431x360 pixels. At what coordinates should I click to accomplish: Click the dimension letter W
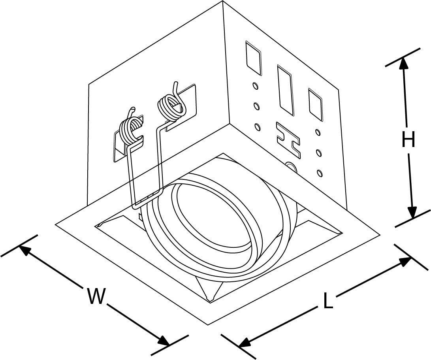[x=96, y=296]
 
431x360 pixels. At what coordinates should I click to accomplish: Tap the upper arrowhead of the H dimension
[x=404, y=63]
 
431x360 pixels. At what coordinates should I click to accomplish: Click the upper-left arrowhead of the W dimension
[x=24, y=250]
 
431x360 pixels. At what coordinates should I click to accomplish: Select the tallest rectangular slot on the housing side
[x=285, y=90]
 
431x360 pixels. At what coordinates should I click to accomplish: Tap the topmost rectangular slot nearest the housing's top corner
[x=253, y=58]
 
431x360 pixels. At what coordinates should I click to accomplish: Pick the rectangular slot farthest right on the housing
[x=315, y=104]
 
